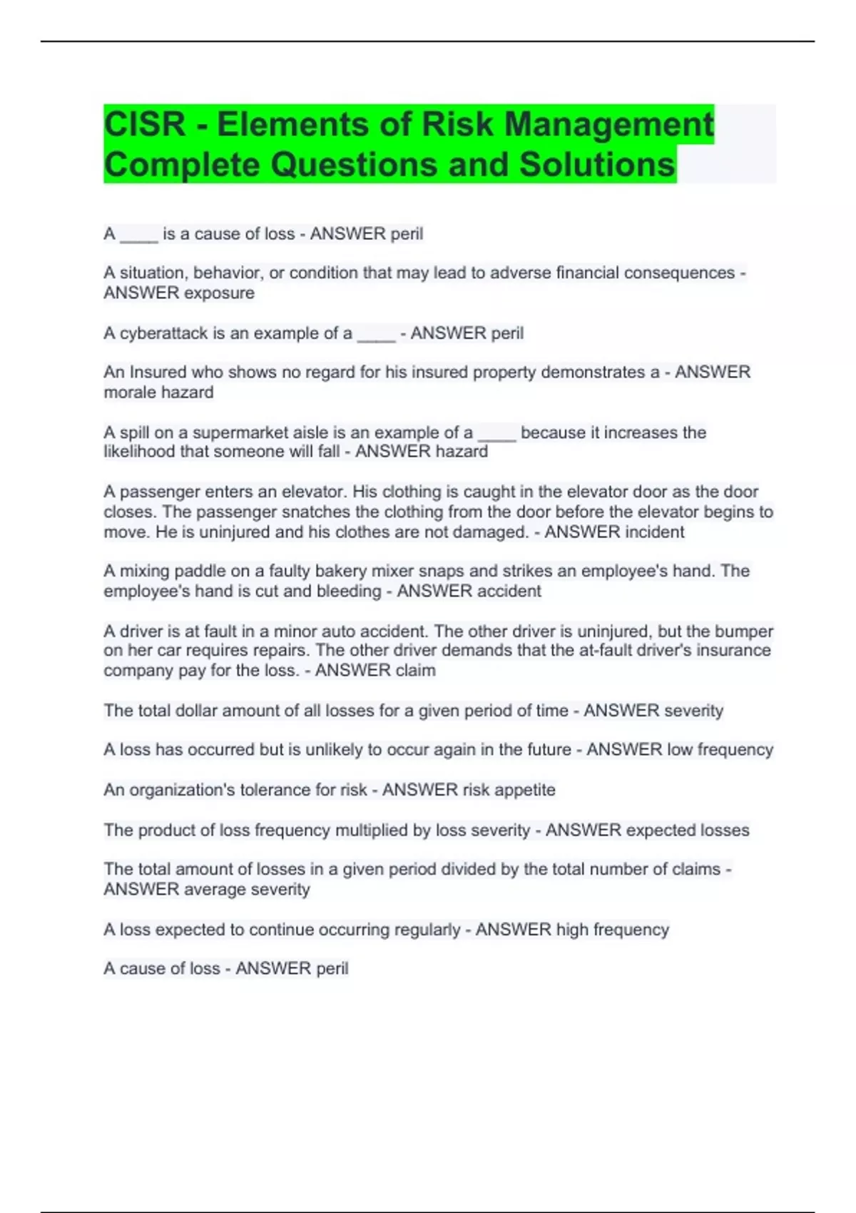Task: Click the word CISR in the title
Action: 145,125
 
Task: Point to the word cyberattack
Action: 163,333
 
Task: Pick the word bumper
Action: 744,631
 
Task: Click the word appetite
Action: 524,790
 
